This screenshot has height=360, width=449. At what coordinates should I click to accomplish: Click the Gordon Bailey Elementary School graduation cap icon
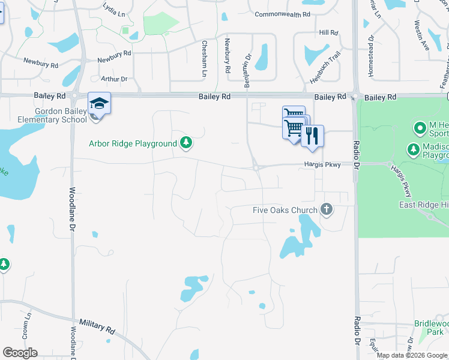[99, 103]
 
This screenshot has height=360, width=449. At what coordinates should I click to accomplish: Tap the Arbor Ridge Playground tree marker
[187, 143]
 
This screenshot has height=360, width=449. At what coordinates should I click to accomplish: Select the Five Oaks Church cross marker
[327, 209]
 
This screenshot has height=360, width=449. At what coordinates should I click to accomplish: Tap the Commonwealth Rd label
[282, 14]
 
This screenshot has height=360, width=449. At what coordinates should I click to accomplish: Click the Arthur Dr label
[114, 79]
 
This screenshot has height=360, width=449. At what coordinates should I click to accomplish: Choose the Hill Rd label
[329, 32]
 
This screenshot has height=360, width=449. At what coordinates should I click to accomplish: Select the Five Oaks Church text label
[285, 210]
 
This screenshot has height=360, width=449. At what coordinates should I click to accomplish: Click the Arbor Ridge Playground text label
[133, 143]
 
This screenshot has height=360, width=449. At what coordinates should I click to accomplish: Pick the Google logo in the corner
[20, 353]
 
